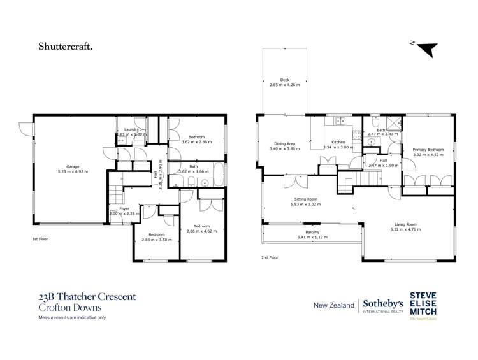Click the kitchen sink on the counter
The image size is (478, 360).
(x=340, y=120)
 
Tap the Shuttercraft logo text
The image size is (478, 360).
(x=65, y=46)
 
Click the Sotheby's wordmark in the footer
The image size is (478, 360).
(x=382, y=305)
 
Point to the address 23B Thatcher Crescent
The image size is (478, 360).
(x=87, y=296)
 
